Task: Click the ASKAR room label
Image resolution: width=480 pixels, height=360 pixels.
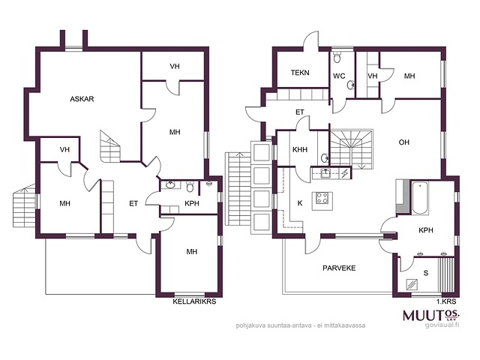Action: coord(82,99)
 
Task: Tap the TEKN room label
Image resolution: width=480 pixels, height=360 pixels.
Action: coord(300,73)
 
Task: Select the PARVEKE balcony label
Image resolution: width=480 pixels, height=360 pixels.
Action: coord(339,268)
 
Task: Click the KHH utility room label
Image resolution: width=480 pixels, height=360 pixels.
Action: coord(300,150)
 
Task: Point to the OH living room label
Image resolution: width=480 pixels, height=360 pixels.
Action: coord(404,142)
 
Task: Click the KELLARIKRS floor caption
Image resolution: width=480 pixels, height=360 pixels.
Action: coord(194,301)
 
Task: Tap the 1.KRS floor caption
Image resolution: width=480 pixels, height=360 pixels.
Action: coord(446,301)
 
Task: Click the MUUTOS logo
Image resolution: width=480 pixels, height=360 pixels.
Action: coord(431,315)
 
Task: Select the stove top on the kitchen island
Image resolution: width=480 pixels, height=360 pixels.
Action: coord(322,198)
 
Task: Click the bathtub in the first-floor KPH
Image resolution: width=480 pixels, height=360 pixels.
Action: coord(420,198)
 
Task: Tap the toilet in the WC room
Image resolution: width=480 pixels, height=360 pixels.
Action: coord(337,57)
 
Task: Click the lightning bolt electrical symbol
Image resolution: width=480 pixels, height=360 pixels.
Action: coord(345,173)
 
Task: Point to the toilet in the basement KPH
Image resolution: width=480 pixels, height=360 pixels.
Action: coord(190,187)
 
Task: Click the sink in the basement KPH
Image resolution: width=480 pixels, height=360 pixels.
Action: coord(170,185)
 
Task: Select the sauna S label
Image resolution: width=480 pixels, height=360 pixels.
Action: coord(426,273)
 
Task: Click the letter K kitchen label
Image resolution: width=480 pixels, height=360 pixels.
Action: coord(300,203)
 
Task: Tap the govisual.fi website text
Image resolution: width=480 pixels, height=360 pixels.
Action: coord(442,325)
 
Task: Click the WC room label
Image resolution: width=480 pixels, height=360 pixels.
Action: coord(339,76)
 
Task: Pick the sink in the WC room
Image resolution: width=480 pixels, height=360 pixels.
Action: coord(351,85)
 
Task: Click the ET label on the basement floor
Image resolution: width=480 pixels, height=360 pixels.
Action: coord(133,203)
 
